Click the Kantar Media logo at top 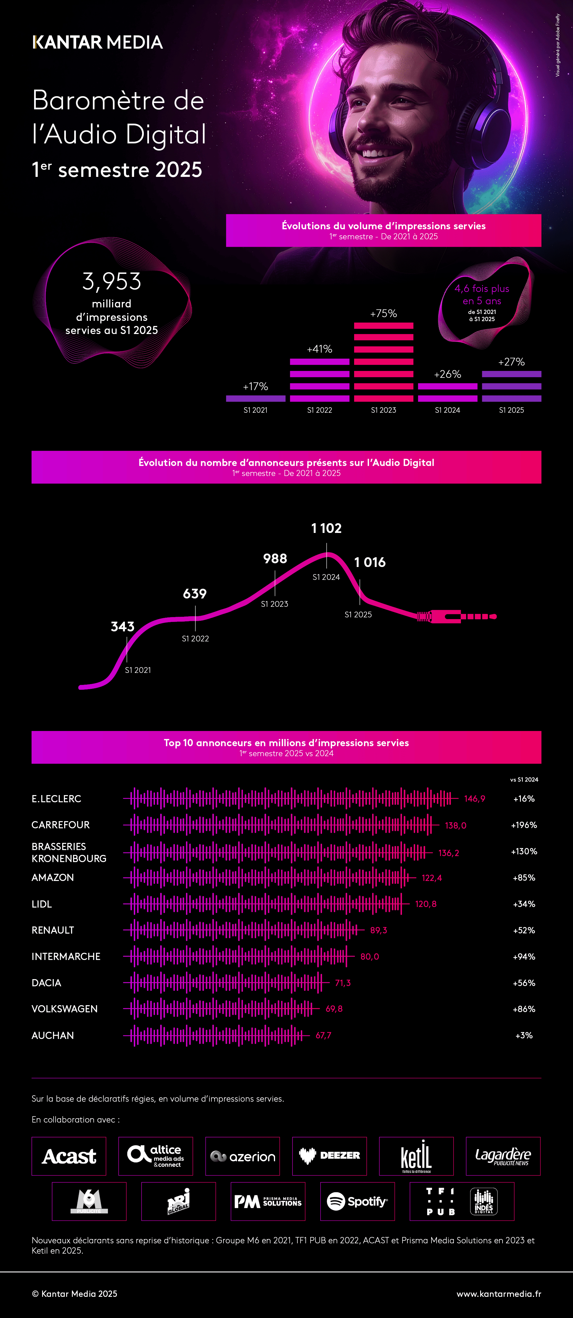97,42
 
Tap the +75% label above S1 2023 384,313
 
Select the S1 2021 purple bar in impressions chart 256,398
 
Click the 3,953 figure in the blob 112,281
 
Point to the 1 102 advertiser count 326,528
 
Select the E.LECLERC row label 56,799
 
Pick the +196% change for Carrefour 524,825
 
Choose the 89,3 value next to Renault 378,930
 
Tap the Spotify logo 358,1201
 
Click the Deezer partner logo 329,1156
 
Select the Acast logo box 68,1156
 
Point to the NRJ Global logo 178,1201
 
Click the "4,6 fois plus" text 482,289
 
